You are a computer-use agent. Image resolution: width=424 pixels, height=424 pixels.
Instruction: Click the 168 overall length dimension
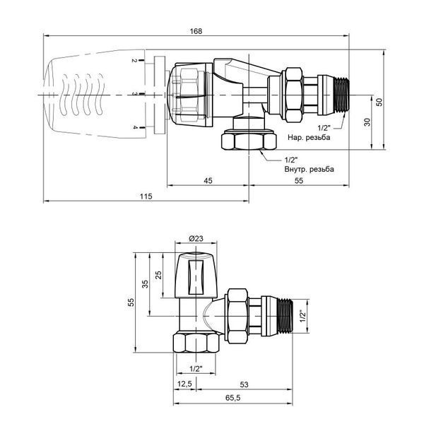pos(196,31)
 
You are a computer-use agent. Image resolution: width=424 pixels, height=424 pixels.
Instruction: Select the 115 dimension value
pos(146,196)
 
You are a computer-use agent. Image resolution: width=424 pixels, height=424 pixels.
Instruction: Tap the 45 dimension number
pos(208,180)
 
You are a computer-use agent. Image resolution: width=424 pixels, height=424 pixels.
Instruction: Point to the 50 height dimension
pos(379,102)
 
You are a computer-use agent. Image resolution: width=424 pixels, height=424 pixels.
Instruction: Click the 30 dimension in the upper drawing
pos(367,122)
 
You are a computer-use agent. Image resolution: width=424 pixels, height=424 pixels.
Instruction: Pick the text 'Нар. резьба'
pos(309,137)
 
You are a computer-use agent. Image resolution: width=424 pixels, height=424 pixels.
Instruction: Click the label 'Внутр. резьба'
pos(309,170)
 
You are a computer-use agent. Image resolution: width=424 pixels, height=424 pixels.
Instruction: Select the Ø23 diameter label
pos(196,239)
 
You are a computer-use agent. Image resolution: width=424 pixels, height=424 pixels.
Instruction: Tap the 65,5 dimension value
pos(232,398)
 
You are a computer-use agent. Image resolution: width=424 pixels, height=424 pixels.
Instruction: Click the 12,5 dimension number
pos(184,384)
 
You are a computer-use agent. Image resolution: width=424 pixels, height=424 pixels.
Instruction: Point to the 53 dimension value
pos(244,384)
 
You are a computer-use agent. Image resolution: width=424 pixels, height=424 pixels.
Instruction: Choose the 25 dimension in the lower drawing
pos(158,275)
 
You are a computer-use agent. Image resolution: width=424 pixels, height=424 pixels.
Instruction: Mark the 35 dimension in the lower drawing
pos(145,284)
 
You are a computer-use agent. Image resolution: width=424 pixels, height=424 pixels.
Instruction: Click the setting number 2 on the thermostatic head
pos(134,61)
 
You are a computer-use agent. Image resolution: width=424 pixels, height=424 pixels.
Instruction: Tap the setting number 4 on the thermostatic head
pos(134,127)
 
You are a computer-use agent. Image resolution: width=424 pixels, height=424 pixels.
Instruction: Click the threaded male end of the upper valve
pos(341,95)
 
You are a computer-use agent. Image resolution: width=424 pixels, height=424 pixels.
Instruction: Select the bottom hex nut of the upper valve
pos(249,141)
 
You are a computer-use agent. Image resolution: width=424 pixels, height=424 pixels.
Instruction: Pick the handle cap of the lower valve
pos(196,275)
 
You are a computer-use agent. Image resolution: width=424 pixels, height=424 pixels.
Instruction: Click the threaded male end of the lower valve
pos(285,316)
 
